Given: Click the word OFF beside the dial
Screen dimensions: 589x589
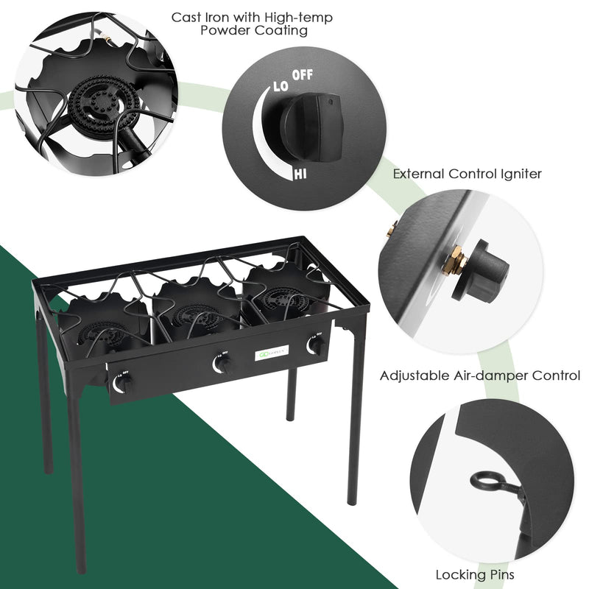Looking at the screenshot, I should (303, 75).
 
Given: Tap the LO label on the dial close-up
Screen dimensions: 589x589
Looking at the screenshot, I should (281, 86).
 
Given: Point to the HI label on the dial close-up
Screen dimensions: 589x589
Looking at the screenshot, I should (300, 174).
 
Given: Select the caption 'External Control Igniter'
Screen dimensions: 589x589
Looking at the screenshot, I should (477, 174).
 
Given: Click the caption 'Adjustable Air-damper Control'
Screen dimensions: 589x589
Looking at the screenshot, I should (480, 375).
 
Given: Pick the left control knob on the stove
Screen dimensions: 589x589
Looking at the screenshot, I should (124, 383).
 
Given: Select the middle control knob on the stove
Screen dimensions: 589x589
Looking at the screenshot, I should (222, 363).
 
